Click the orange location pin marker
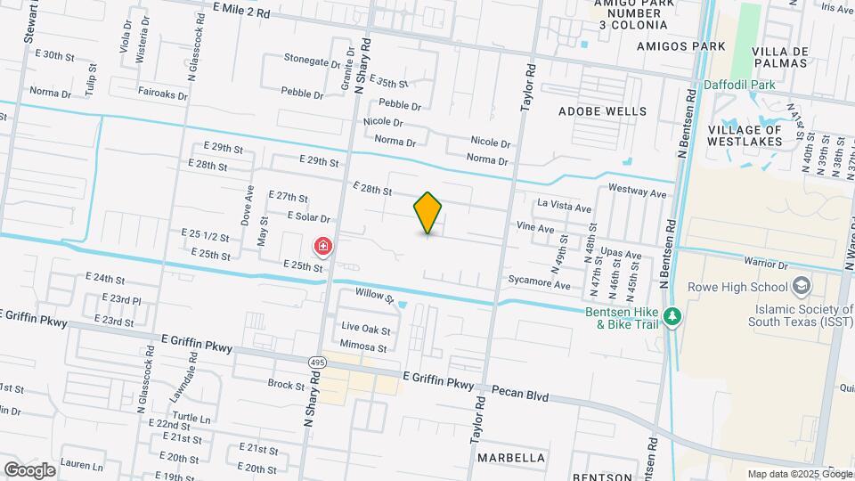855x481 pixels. (427, 212)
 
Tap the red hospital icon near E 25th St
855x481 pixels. (322, 245)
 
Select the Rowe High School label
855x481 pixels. (737, 287)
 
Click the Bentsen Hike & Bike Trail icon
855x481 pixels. (674, 316)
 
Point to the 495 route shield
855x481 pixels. (318, 362)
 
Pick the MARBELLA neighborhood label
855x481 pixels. (511, 457)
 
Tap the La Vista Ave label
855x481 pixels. (564, 208)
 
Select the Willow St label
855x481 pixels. (374, 295)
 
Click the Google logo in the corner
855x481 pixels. (28, 469)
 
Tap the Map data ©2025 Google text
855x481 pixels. (799, 474)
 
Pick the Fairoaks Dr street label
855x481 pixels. (162, 93)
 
